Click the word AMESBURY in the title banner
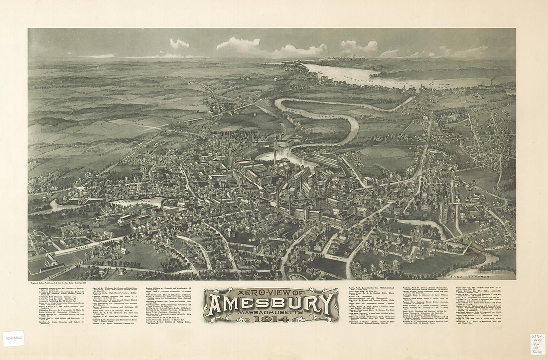pos(271,303)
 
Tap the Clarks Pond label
pos(130,202)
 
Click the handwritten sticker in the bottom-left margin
pos(13,339)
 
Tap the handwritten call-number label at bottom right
pos(537,344)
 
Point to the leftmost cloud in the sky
pos(179,44)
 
